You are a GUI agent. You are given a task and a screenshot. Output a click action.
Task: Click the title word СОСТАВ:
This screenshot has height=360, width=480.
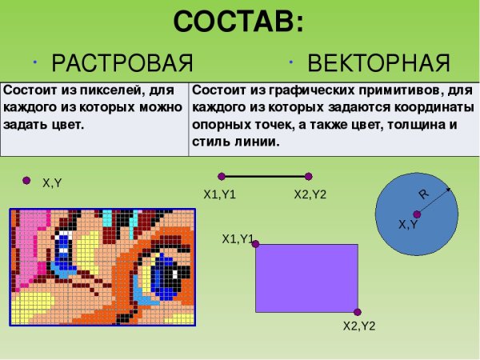[238, 22]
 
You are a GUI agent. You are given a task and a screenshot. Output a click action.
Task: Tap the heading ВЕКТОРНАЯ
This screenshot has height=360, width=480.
[378, 62]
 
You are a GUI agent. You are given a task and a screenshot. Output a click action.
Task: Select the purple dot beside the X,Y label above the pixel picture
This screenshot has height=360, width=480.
[27, 180]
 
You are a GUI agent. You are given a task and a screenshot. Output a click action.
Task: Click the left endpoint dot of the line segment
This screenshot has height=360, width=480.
[222, 176]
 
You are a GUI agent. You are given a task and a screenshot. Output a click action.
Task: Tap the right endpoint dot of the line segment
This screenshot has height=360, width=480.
[309, 176]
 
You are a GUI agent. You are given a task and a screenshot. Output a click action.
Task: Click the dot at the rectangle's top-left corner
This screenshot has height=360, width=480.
[256, 243]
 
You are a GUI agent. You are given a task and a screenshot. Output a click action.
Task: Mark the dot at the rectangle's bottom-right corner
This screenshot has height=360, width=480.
[357, 312]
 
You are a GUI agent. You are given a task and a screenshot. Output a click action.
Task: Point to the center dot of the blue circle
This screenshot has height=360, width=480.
[417, 214]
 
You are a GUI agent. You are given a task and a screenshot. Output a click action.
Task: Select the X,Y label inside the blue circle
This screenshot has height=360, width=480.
[408, 226]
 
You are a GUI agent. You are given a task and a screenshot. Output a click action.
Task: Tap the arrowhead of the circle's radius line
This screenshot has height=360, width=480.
[448, 190]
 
